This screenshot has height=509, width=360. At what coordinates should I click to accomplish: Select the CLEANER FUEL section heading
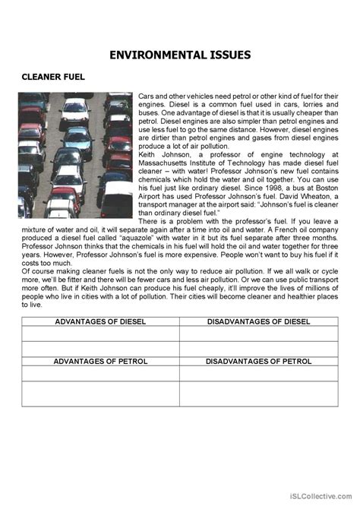[53, 77]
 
